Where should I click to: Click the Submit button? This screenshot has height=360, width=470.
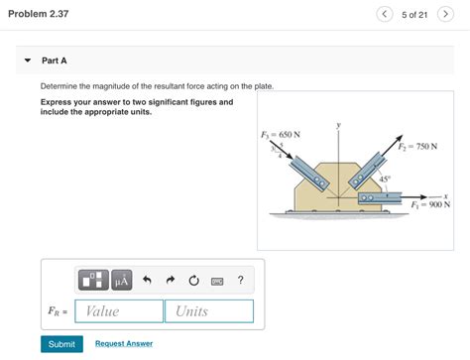tap(61, 343)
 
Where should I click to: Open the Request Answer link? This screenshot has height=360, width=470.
tap(124, 343)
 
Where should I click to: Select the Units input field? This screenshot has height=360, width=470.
tap(209, 311)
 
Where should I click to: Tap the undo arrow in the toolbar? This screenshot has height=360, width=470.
tap(148, 280)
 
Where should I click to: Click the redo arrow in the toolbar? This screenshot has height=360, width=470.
tap(171, 280)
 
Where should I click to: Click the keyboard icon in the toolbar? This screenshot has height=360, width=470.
tap(217, 281)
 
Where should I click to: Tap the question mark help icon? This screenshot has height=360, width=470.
tap(240, 280)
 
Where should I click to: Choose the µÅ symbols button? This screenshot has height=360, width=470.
tap(122, 280)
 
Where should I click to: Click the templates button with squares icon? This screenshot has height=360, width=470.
tap(94, 280)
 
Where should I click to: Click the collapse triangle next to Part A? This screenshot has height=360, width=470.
tap(27, 60)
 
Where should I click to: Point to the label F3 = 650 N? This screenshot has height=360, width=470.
tap(281, 134)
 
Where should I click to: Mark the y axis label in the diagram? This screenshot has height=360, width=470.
tap(338, 126)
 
